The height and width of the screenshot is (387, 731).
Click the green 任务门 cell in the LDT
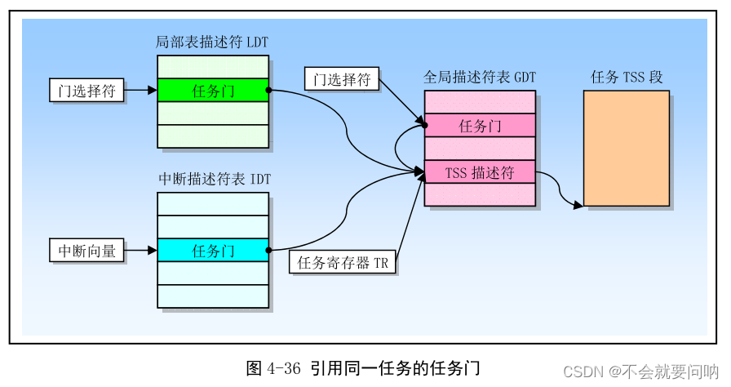[x=212, y=91]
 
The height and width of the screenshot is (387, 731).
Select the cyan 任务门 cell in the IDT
[x=212, y=251]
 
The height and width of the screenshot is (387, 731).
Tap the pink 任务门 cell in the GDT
[x=480, y=126]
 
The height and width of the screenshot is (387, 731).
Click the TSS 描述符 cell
[x=480, y=172]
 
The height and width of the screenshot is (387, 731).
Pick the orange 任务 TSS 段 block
[x=626, y=148]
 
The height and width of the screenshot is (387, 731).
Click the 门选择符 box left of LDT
[x=87, y=91]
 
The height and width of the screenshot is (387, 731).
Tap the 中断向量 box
[x=87, y=251]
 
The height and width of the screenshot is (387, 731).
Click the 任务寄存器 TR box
[x=343, y=263]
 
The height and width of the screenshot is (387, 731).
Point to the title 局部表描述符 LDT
[x=211, y=42]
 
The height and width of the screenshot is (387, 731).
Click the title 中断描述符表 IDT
[x=211, y=178]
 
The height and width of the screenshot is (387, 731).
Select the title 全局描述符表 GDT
[x=480, y=78]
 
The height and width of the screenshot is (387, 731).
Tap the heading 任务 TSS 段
[x=626, y=78]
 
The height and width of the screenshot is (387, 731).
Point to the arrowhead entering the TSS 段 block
[x=578, y=204]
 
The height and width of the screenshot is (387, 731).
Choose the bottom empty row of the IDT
[x=212, y=296]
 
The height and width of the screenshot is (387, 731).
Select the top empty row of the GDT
[x=480, y=102]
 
